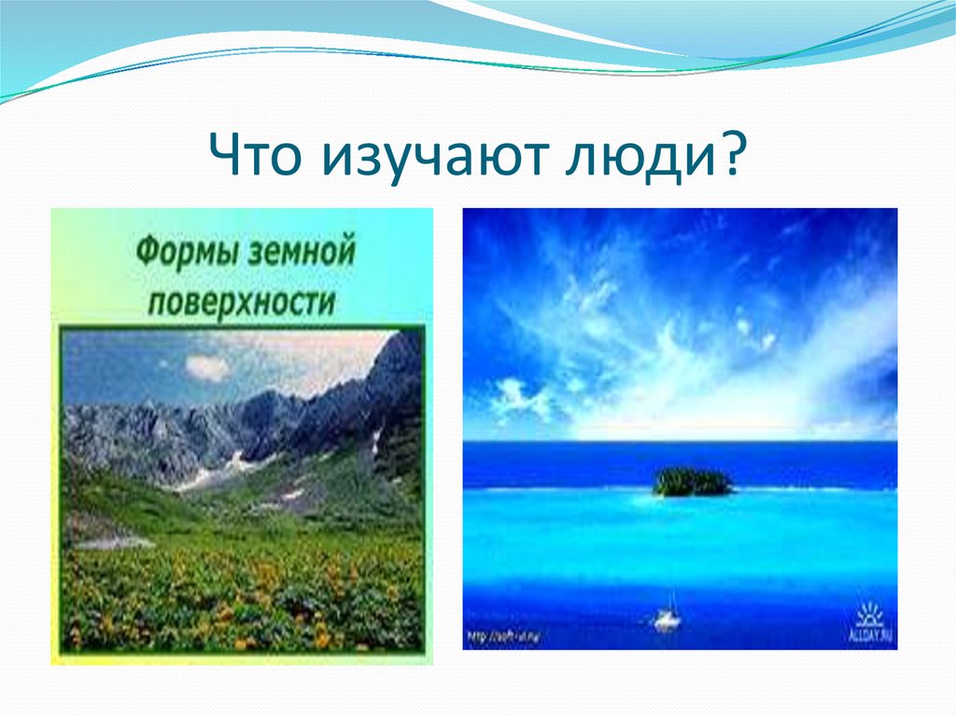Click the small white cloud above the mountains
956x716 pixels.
pos(207,368)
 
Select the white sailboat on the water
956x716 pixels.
pos(667,618)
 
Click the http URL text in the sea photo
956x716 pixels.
pos(504,638)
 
